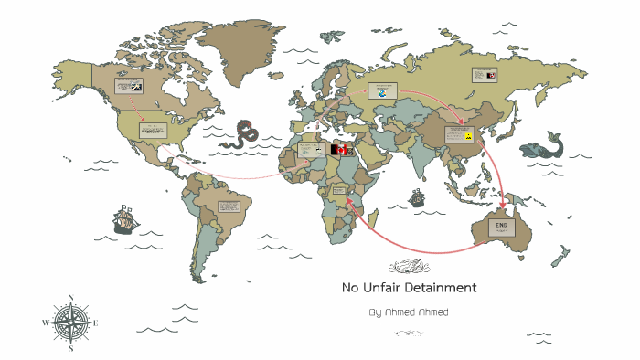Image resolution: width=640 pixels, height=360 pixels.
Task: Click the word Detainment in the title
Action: (437, 288)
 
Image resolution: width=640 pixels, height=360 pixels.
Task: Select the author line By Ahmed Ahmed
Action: (409, 312)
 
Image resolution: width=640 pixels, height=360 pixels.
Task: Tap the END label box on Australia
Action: (501, 228)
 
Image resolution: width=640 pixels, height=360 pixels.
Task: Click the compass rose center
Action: (69, 323)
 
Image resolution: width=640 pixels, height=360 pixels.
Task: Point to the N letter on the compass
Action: (70, 298)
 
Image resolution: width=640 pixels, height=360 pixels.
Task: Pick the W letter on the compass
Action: (45, 323)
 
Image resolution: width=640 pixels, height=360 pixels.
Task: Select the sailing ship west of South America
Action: (125, 219)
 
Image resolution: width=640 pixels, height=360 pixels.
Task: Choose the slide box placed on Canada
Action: (127, 87)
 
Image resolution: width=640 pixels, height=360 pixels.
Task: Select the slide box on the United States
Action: (153, 130)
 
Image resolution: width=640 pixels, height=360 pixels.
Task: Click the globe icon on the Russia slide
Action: (382, 92)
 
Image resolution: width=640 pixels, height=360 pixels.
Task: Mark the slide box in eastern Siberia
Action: (485, 75)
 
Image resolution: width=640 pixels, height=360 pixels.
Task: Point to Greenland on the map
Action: (241, 46)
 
